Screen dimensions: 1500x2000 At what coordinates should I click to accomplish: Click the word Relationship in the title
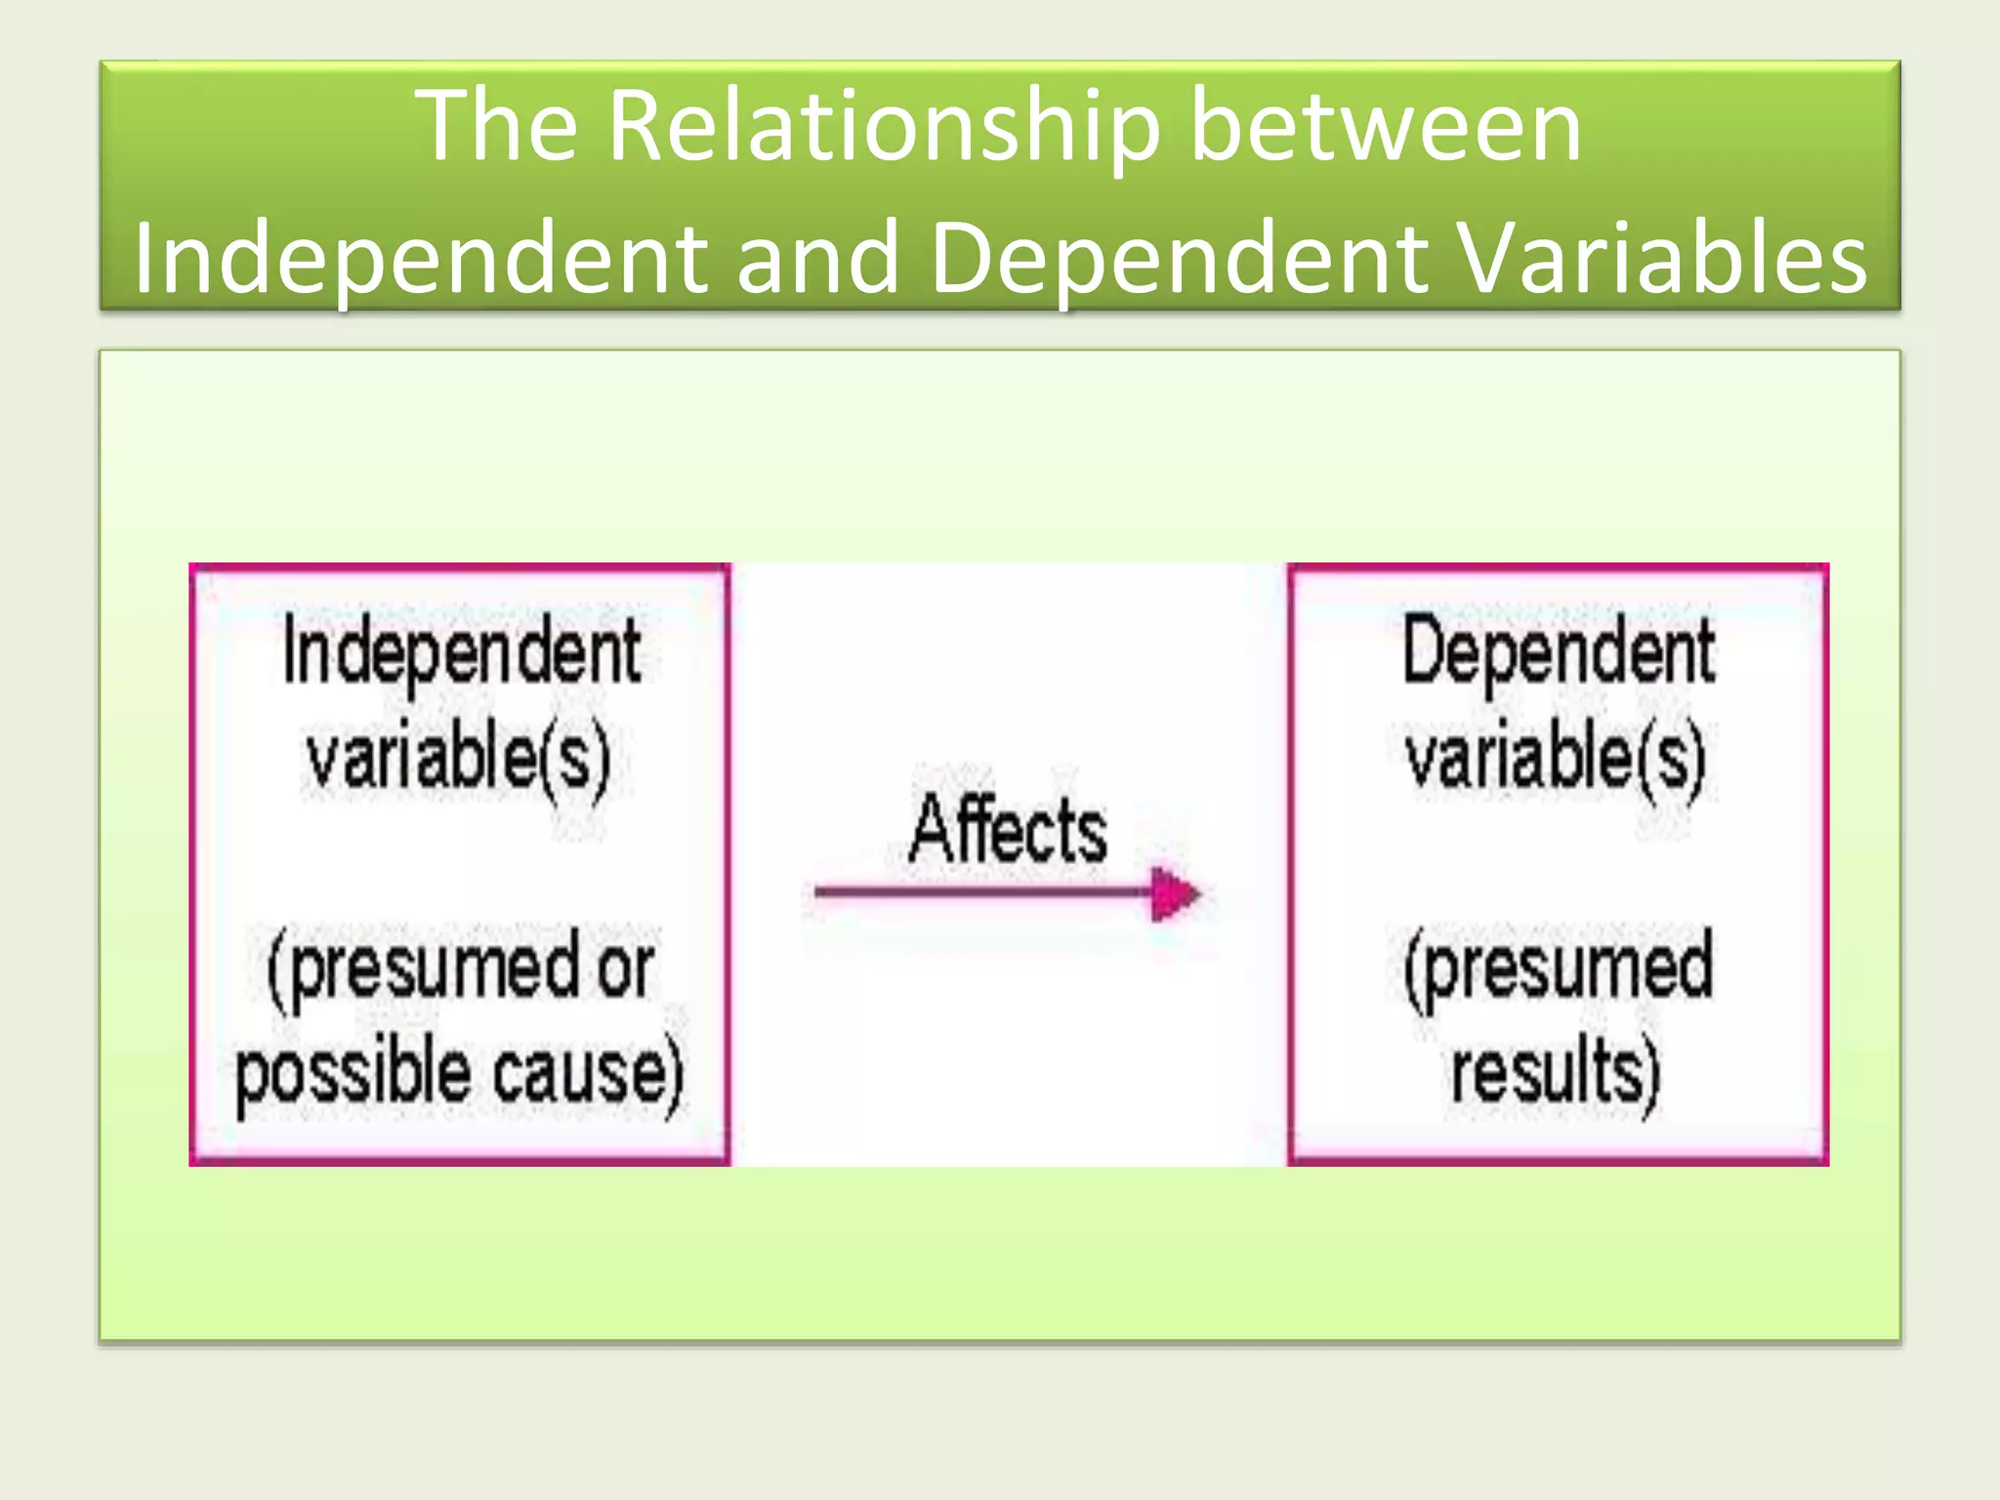pyautogui.click(x=884, y=127)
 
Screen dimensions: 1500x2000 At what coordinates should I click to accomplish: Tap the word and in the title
pyautogui.click(x=817, y=259)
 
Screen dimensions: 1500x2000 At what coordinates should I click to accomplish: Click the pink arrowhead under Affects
pyautogui.click(x=1175, y=894)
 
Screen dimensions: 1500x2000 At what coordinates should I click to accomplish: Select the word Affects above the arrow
pyautogui.click(x=1008, y=830)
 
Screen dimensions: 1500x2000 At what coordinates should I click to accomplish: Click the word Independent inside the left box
pyautogui.click(x=461, y=652)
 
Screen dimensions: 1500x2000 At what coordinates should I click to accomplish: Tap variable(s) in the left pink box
pyautogui.click(x=457, y=757)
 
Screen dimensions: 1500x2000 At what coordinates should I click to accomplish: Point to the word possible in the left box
pyautogui.click(x=353, y=1074)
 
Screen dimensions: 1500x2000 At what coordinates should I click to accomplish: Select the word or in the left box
pyautogui.click(x=625, y=969)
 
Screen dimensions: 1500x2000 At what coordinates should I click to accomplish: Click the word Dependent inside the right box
pyautogui.click(x=1558, y=652)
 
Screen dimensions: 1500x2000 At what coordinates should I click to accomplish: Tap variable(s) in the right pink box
pyautogui.click(x=1556, y=757)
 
